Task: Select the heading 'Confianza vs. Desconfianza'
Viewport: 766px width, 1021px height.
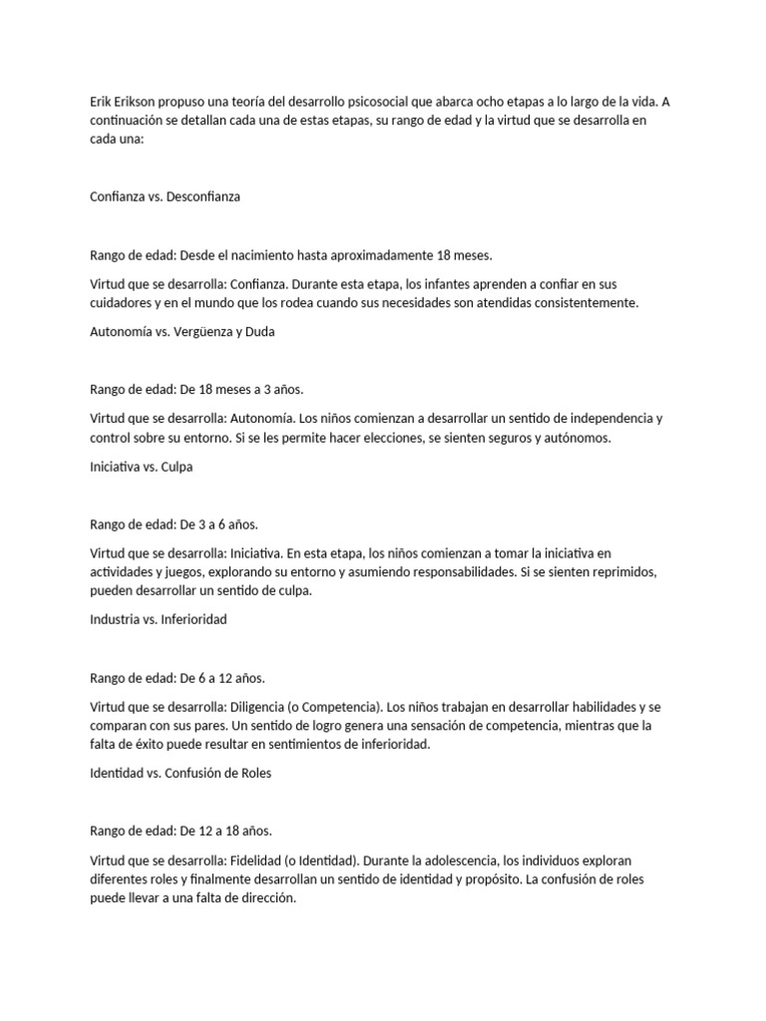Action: pos(165,196)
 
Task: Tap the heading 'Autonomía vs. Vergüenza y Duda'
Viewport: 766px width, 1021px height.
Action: pos(182,332)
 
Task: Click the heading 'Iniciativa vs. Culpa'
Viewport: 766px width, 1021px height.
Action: pos(141,467)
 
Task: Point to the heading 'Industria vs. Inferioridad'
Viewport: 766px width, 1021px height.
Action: pos(158,619)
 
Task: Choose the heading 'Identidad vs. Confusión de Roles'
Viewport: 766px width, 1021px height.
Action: pos(180,772)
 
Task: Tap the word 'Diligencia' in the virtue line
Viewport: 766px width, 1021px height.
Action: pos(262,706)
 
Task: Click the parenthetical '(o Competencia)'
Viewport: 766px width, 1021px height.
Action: pos(337,706)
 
